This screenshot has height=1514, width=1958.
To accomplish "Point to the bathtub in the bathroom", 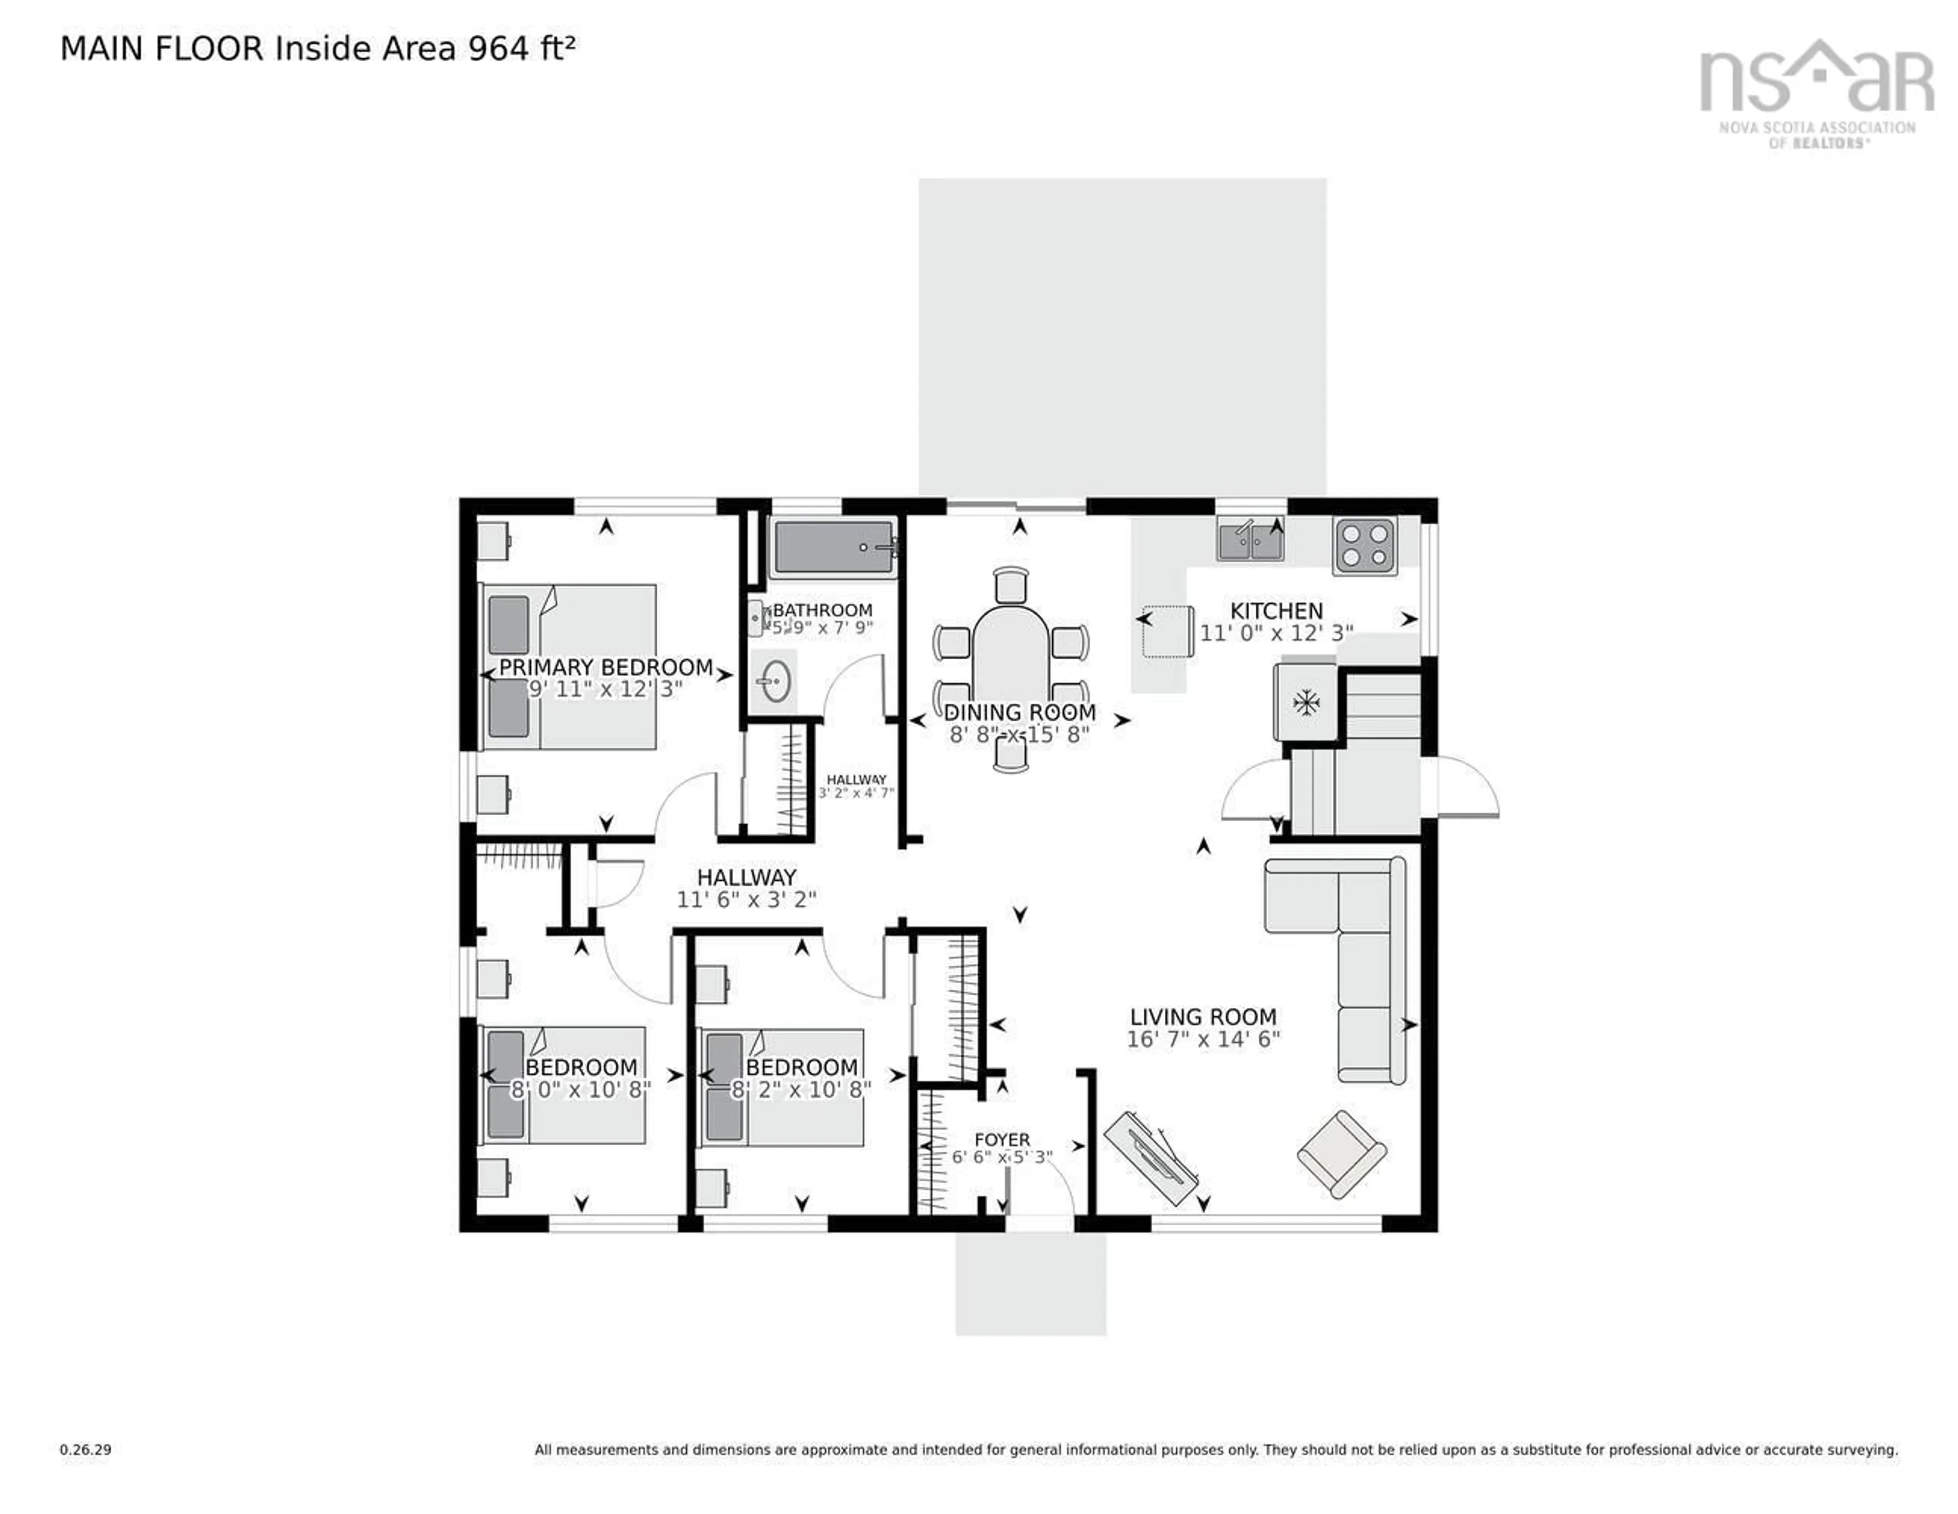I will click(x=834, y=547).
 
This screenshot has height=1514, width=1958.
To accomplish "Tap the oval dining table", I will click(x=1011, y=659).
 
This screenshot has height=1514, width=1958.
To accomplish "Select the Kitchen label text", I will click(x=1276, y=611).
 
